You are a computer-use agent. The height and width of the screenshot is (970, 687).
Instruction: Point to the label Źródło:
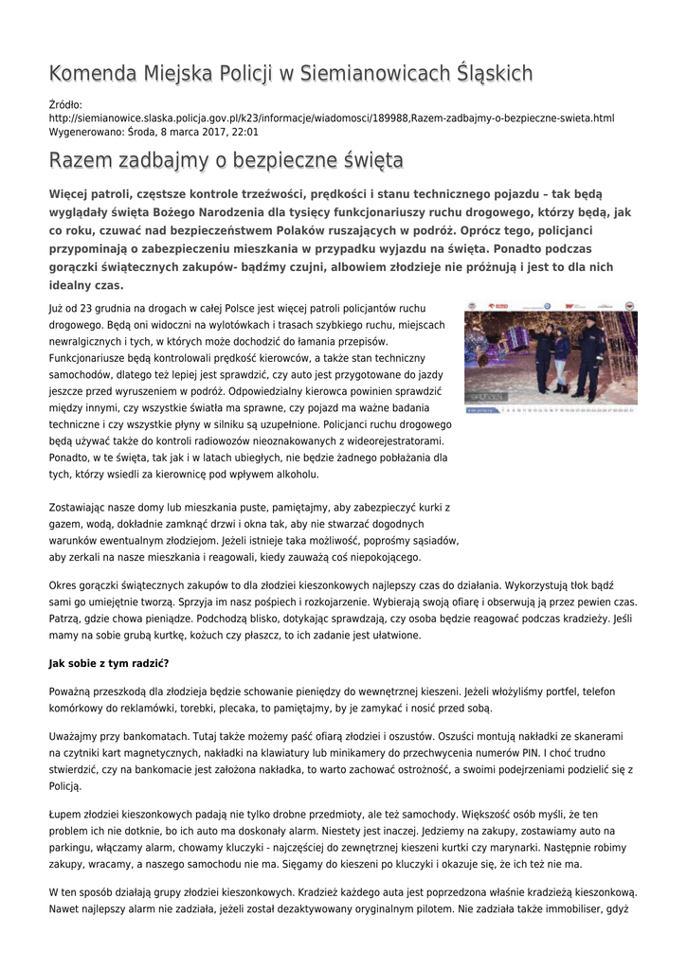[65, 104]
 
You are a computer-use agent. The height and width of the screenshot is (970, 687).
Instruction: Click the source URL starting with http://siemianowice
[331, 118]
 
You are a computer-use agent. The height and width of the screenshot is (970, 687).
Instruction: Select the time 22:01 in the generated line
[244, 133]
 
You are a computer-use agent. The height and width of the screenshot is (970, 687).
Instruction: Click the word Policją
[65, 786]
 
